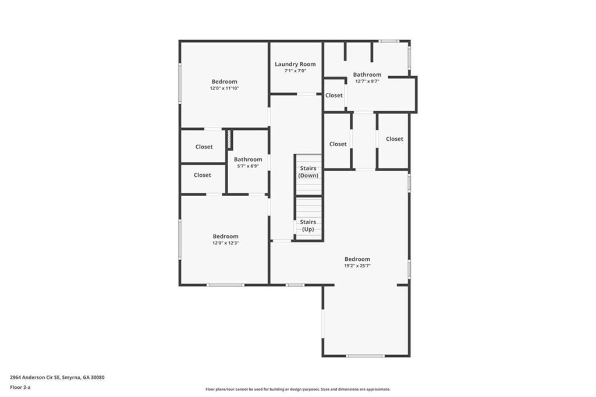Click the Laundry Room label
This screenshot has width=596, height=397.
(295, 64)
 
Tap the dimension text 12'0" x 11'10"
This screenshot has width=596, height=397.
(224, 88)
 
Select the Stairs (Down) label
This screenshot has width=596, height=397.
(308, 172)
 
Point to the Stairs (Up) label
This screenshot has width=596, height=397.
(308, 225)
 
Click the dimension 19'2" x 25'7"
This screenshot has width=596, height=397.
(357, 266)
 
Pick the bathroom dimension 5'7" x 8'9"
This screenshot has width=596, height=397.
(248, 166)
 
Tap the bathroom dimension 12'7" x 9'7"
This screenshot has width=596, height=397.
(367, 81)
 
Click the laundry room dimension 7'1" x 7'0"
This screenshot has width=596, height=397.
(295, 71)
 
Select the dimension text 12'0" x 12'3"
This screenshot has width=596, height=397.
(225, 243)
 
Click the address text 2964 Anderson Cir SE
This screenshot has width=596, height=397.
(35, 378)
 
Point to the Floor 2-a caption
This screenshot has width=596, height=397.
(20, 388)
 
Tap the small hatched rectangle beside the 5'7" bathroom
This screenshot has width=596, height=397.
(229, 140)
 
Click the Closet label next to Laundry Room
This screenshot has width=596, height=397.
(334, 95)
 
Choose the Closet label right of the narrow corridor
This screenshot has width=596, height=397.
(395, 139)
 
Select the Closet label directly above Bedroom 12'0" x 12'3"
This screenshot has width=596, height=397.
(202, 175)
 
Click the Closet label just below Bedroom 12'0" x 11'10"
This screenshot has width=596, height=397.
(204, 147)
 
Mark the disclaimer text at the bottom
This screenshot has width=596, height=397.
(298, 389)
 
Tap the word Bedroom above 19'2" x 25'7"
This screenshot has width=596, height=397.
(357, 260)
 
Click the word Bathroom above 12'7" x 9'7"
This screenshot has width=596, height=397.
(367, 75)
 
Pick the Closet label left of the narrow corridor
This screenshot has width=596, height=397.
(338, 144)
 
